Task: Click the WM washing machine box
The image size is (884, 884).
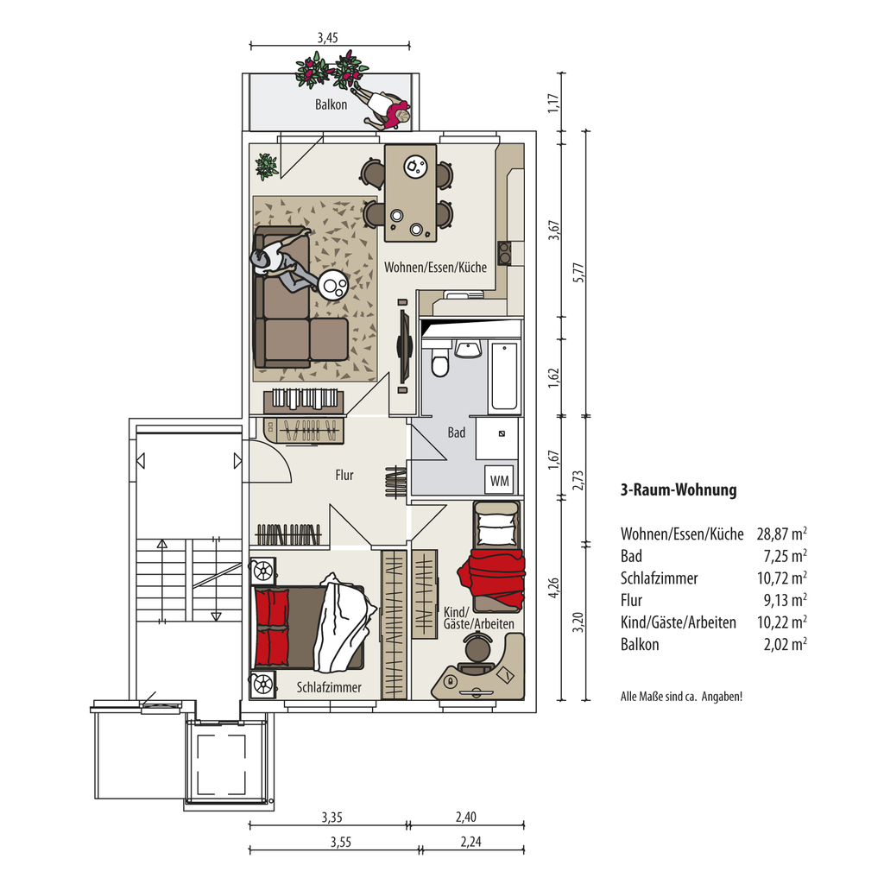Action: [x=500, y=480]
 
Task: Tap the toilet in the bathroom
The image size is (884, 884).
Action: [x=440, y=362]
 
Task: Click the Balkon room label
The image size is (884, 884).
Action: [x=331, y=104]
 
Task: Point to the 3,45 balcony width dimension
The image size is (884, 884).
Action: [x=327, y=38]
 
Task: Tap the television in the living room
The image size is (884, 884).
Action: [x=404, y=345]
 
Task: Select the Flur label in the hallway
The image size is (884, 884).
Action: [x=344, y=476]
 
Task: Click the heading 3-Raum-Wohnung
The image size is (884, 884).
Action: [x=679, y=489]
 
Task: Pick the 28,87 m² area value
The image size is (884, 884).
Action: [x=781, y=534]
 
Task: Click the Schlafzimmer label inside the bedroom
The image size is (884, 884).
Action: [x=329, y=687]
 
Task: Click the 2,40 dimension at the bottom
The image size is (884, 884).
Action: [x=466, y=817]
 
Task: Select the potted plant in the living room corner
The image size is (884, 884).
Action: [x=266, y=167]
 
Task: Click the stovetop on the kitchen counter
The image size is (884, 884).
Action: [x=504, y=253]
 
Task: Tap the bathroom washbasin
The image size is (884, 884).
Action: [x=468, y=349]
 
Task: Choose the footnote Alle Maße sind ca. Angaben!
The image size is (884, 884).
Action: [x=681, y=697]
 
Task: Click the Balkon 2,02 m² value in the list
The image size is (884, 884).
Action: [x=785, y=644]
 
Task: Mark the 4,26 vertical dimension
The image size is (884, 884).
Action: [x=554, y=589]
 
